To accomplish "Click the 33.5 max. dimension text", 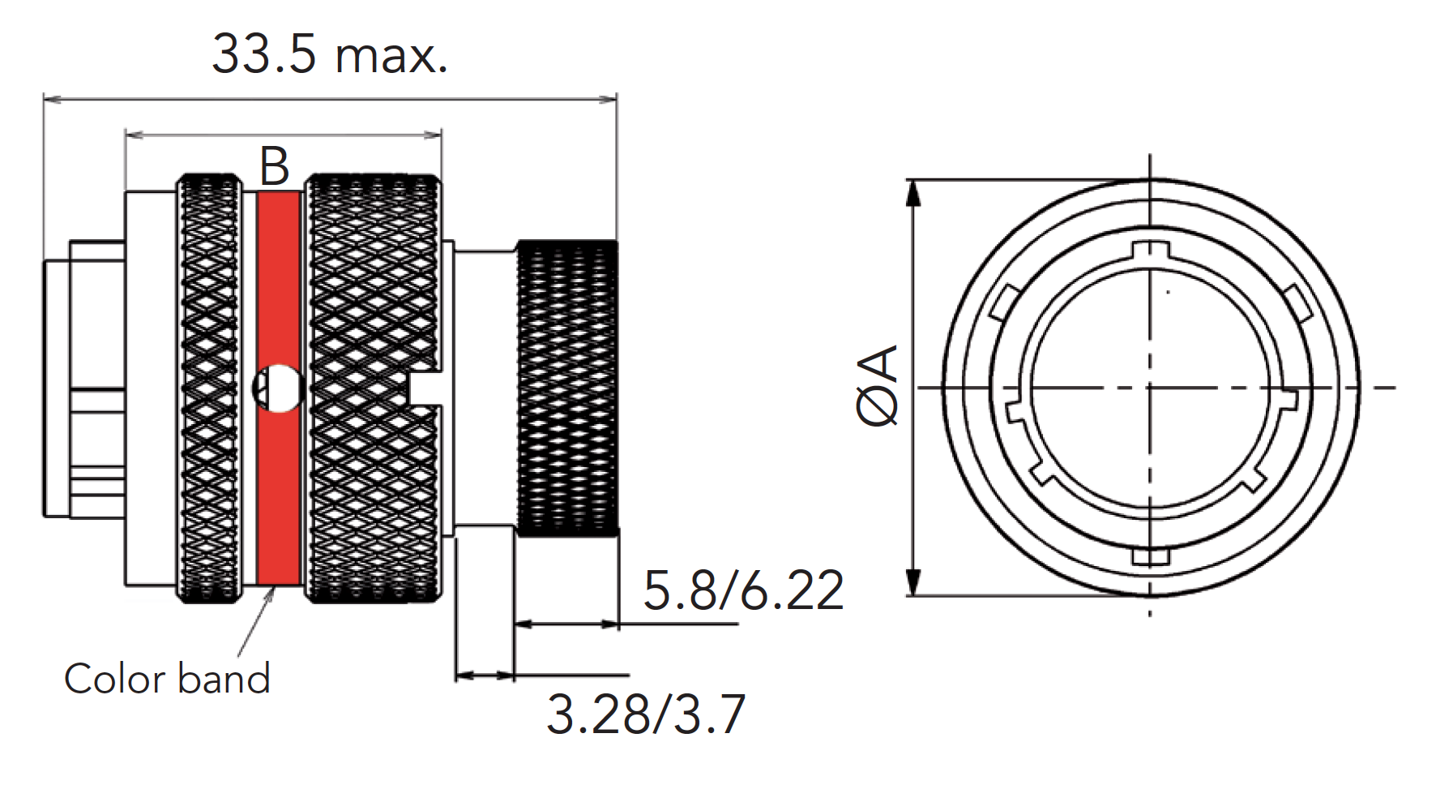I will tap(329, 55).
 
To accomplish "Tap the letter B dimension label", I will tap(275, 167).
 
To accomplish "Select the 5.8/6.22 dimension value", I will tap(742, 590).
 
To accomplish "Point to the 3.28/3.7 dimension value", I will tap(645, 714).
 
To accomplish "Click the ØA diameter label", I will tap(878, 385).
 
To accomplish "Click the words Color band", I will tap(167, 679).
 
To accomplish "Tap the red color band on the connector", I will tap(278, 487).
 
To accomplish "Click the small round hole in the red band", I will tap(278, 388).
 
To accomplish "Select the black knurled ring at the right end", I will tap(567, 388).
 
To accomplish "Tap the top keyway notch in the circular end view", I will tap(1149, 251).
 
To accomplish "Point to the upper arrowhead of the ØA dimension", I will tap(913, 191).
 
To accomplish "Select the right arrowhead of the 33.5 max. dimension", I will tap(608, 100).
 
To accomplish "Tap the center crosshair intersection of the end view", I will tap(1150, 388).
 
